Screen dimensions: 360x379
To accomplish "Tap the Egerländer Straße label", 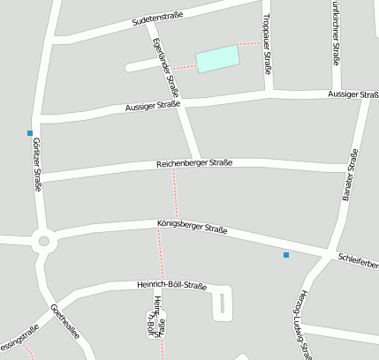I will coord(165,67).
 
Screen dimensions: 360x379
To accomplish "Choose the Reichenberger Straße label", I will coord(193,163).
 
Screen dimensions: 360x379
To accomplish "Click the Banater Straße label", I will coord(350,176).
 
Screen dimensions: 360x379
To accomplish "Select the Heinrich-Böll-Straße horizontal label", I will coord(171,286).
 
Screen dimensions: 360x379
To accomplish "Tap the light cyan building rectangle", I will coord(217,58).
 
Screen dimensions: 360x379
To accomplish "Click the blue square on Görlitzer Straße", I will coord(31,133).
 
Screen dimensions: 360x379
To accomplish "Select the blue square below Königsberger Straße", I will coord(285,255).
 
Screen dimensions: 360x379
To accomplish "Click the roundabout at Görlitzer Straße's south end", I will coord(42,239).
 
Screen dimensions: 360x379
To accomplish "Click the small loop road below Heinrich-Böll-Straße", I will coord(222,304).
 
